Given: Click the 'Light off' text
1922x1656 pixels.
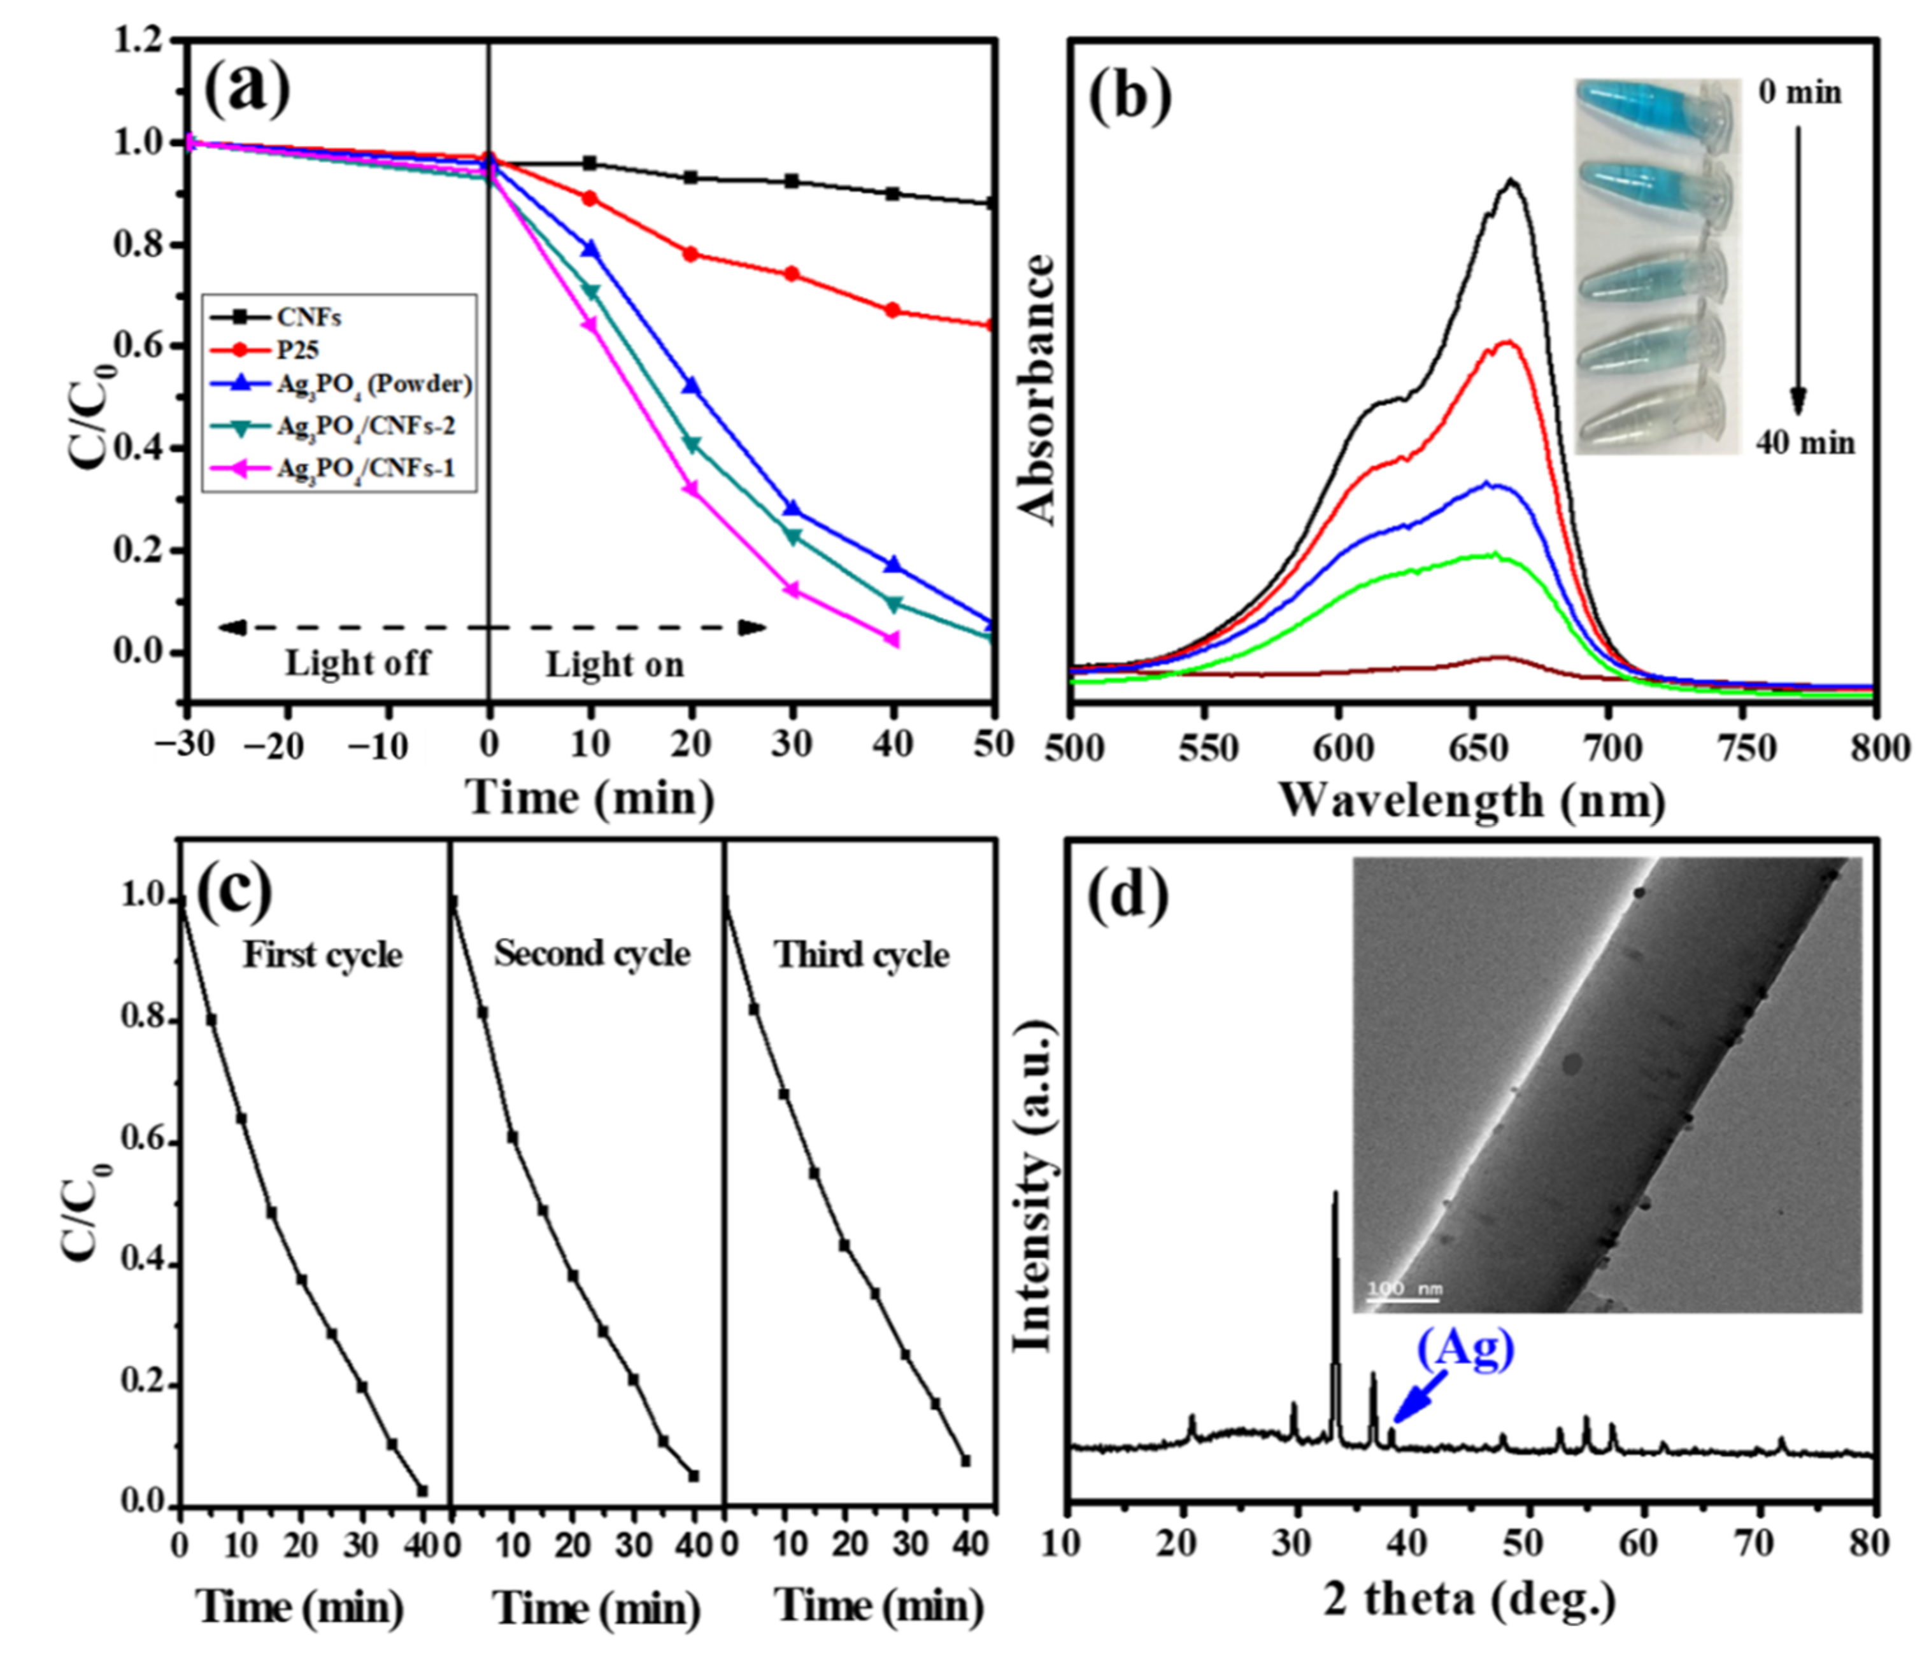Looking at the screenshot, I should (x=357, y=664).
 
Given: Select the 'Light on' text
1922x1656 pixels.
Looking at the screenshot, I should (x=614, y=665).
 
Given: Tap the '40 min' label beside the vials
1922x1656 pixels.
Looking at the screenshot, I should (x=1805, y=443).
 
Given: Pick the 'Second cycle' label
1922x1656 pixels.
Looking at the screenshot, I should (x=592, y=954).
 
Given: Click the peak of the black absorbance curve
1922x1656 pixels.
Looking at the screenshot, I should (x=1512, y=181).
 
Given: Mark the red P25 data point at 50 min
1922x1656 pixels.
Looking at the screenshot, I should (x=992, y=325).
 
